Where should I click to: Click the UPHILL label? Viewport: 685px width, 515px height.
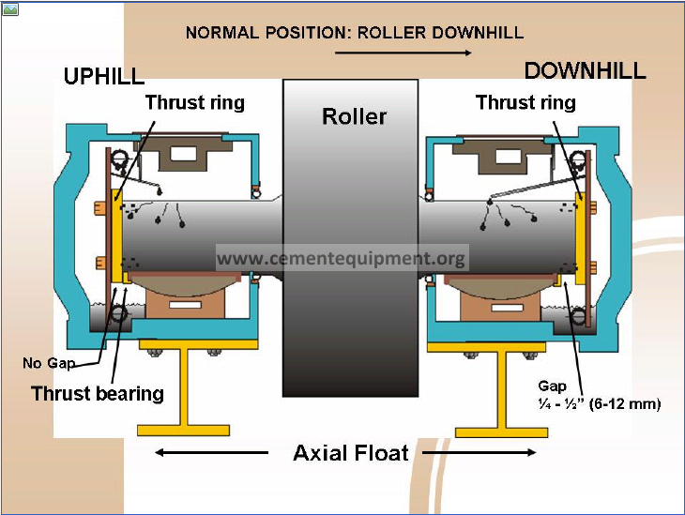pyautogui.click(x=104, y=76)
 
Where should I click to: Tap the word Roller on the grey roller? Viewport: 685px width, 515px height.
pyautogui.click(x=354, y=116)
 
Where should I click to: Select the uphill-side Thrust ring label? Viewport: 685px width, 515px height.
pyautogui.click(x=194, y=102)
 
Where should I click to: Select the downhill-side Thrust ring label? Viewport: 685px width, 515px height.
pyautogui.click(x=525, y=102)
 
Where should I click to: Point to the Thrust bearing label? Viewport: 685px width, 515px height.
pyautogui.click(x=98, y=393)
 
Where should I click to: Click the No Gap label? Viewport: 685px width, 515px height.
pyautogui.click(x=47, y=362)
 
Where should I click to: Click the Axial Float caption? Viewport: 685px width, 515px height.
pyautogui.click(x=351, y=453)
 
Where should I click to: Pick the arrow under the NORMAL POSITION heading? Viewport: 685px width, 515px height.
pyautogui.click(x=403, y=53)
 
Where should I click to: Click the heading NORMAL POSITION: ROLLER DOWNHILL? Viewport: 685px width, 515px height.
pyautogui.click(x=354, y=33)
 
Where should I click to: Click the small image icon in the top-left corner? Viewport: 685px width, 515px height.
pyautogui.click(x=10, y=9)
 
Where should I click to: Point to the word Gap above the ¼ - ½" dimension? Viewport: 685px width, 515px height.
pyautogui.click(x=553, y=386)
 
